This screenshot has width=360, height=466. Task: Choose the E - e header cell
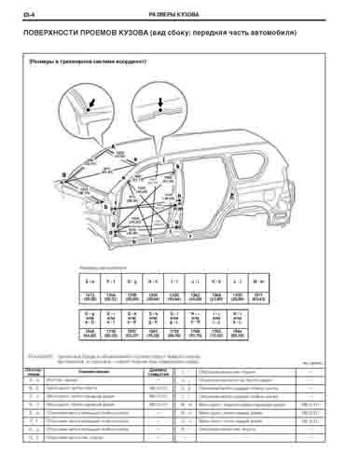click(90, 280)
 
